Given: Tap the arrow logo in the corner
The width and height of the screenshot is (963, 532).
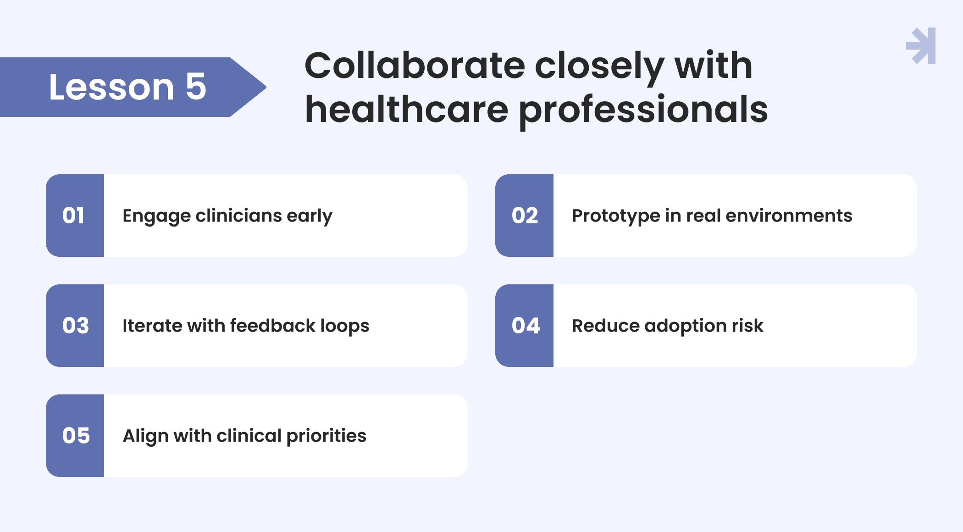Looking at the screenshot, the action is click(x=921, y=46).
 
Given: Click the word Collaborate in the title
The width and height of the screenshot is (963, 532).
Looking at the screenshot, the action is click(x=415, y=66).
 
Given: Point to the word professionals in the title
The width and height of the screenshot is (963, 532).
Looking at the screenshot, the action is click(x=643, y=110).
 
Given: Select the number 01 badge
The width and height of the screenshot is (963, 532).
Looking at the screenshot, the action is click(x=75, y=216).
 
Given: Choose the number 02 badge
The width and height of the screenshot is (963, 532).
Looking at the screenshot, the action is click(x=524, y=216).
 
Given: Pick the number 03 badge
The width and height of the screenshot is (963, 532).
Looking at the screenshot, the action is click(x=75, y=326).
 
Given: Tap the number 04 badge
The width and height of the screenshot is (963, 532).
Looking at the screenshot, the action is click(x=524, y=326).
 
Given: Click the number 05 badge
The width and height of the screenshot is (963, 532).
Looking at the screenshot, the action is click(x=75, y=436).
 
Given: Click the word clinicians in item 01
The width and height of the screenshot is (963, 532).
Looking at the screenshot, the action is click(x=238, y=216).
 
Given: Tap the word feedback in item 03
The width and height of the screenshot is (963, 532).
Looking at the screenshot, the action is click(x=272, y=326).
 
